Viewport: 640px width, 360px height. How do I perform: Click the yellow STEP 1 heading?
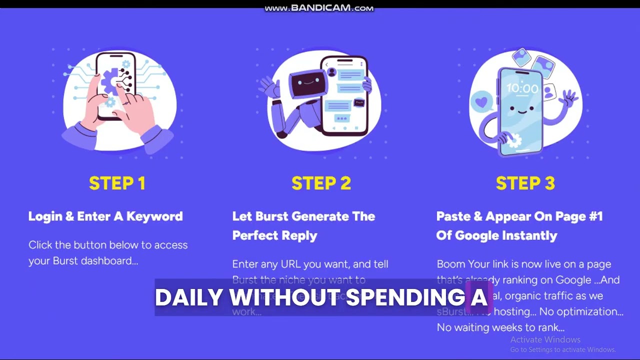pyautogui.click(x=117, y=183)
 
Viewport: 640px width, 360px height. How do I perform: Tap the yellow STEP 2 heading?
pyautogui.click(x=321, y=183)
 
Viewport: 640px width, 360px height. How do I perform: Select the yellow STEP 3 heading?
pyautogui.click(x=525, y=183)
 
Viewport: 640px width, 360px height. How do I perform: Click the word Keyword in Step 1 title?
pyautogui.click(x=154, y=216)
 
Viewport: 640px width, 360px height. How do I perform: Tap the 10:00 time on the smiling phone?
pyautogui.click(x=522, y=89)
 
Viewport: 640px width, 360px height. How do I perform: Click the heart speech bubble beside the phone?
pyautogui.click(x=481, y=102)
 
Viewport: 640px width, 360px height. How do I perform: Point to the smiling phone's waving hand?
pyautogui.click(x=569, y=97)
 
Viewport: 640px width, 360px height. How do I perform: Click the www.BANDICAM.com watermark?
pyautogui.click(x=319, y=8)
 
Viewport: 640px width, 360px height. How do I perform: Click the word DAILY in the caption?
pyautogui.click(x=188, y=297)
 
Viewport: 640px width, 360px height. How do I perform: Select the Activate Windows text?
pyautogui.click(x=545, y=339)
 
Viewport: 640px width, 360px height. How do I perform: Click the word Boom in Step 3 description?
pyautogui.click(x=451, y=264)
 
